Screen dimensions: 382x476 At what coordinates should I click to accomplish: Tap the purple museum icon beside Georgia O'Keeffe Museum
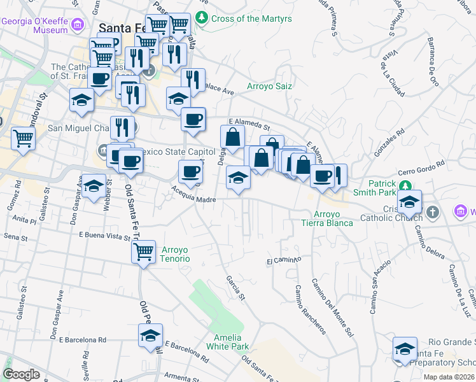(x=78, y=25)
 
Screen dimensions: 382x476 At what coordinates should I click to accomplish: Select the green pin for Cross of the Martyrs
(x=202, y=17)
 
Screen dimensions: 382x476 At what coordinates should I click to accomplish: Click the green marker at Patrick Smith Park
(x=405, y=185)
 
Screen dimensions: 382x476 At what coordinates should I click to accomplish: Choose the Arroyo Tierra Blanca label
(x=328, y=218)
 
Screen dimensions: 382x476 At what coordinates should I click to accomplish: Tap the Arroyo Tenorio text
(x=176, y=254)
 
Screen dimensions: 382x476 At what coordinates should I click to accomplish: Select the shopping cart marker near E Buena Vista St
(x=144, y=251)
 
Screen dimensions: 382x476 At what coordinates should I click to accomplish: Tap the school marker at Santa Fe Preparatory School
(x=405, y=348)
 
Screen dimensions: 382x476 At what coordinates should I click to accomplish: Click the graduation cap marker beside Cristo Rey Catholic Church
(x=409, y=202)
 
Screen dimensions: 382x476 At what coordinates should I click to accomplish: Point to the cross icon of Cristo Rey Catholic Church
(x=433, y=211)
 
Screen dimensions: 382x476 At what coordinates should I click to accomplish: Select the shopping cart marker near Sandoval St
(x=23, y=138)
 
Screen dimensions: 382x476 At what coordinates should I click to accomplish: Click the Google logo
(x=21, y=374)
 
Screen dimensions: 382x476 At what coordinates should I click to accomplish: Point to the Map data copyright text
(x=449, y=377)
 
